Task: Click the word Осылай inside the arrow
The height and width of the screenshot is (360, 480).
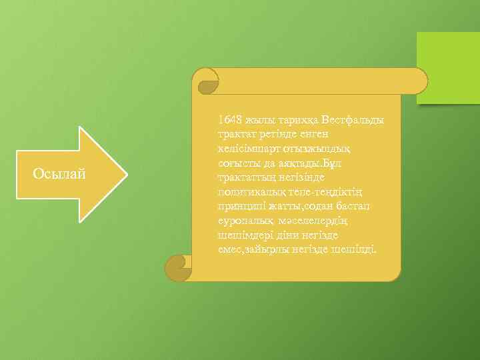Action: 59,174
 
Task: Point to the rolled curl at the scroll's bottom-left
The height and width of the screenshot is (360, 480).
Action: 177,267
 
